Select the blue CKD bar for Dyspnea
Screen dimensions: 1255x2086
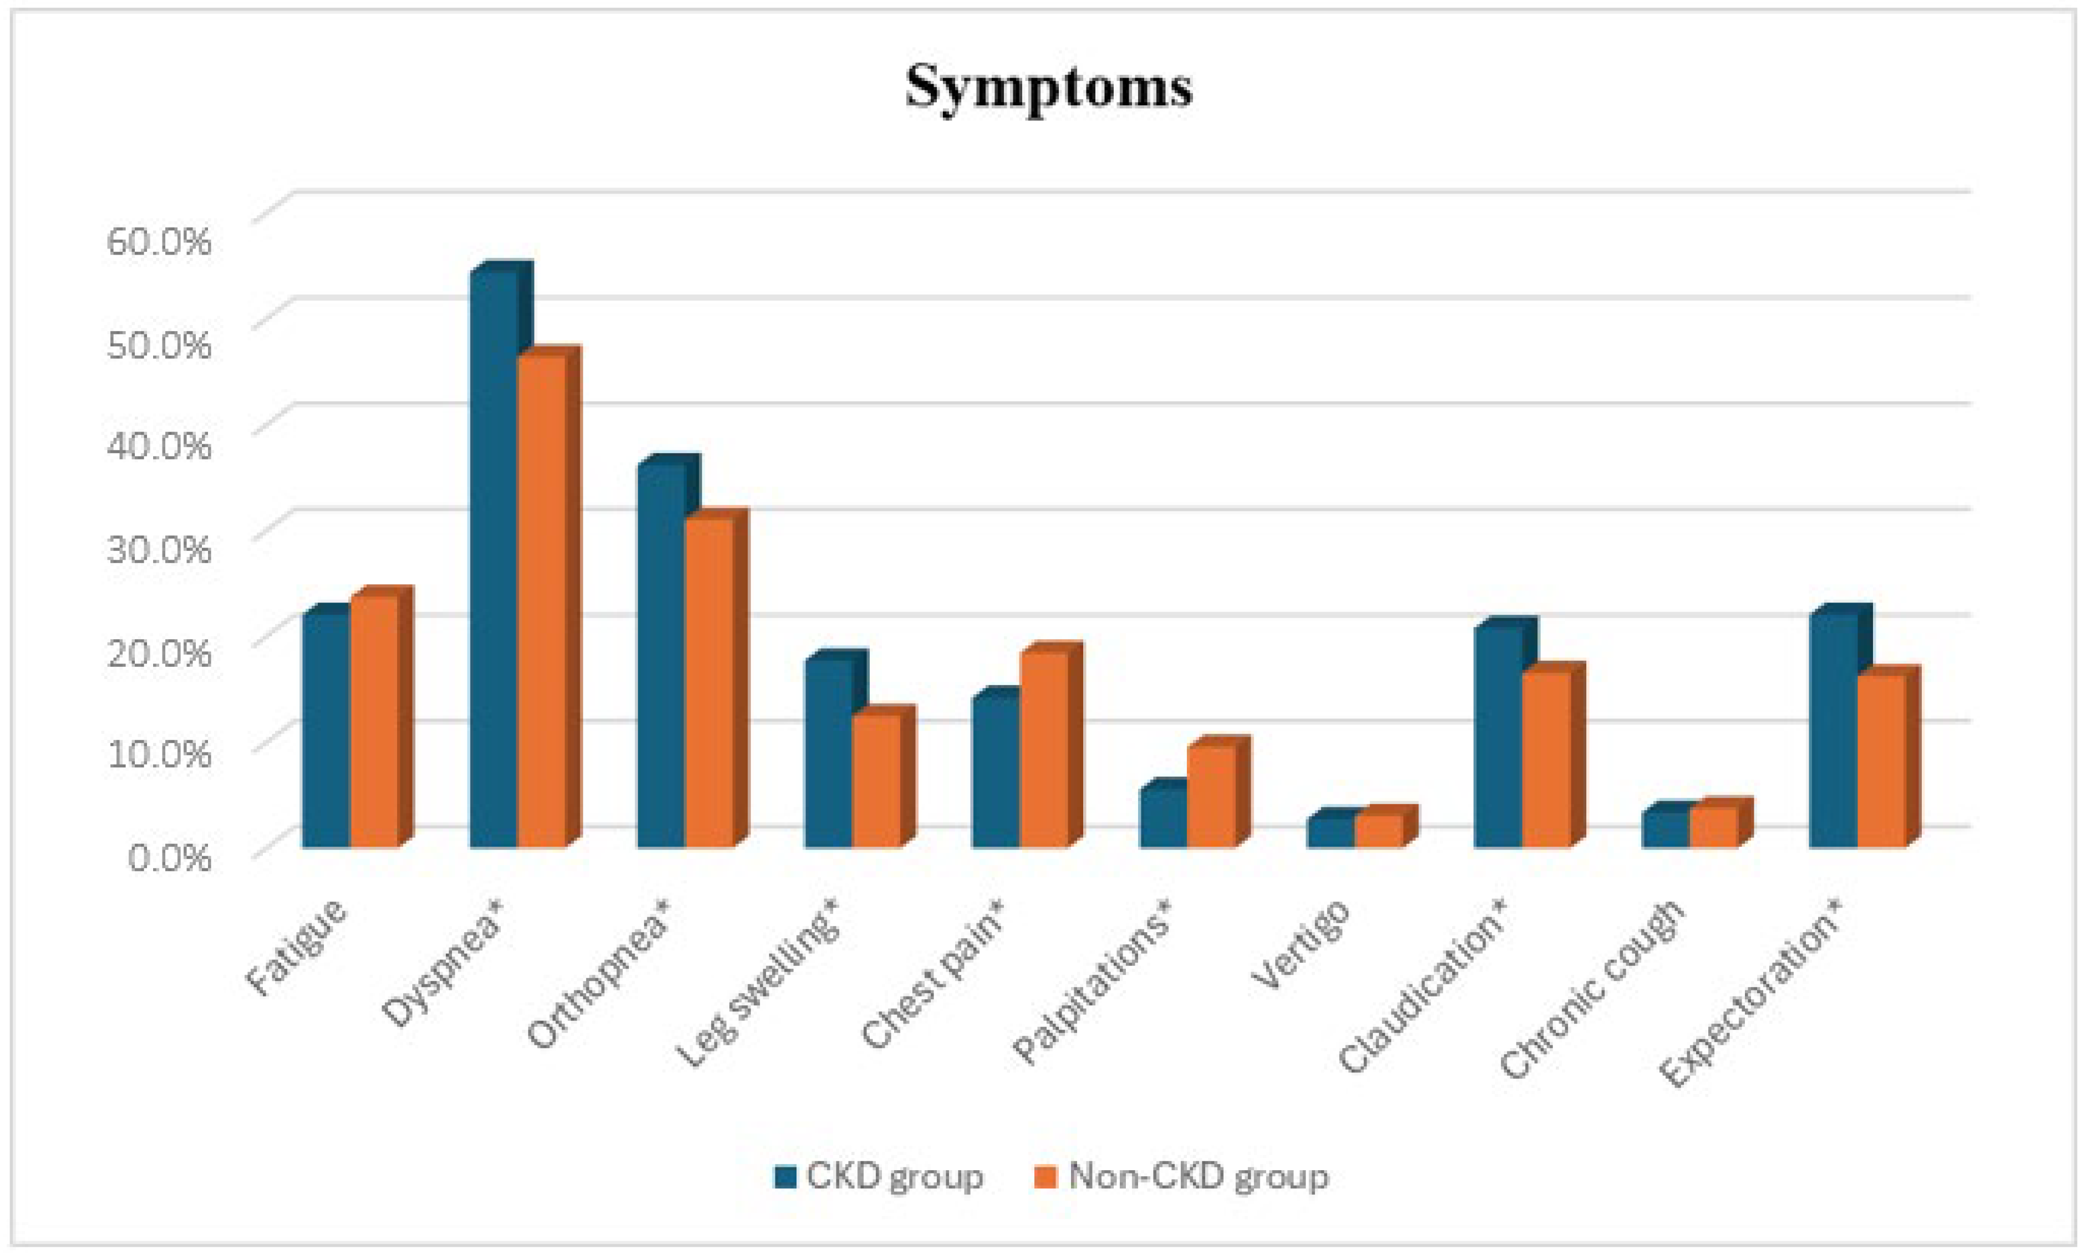click(x=494, y=558)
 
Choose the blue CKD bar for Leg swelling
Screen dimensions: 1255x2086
click(x=828, y=753)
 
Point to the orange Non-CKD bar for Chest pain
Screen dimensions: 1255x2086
click(x=1044, y=748)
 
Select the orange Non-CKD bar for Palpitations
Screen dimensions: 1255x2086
click(x=1211, y=796)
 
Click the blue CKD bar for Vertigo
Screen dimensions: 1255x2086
click(x=1331, y=832)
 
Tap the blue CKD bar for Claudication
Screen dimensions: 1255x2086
click(x=1498, y=736)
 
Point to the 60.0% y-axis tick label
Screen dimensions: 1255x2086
click(x=158, y=241)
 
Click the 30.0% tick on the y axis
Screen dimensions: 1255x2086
click(x=158, y=549)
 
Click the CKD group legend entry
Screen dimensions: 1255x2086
click(x=879, y=1176)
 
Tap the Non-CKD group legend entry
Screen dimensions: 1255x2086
click(x=1181, y=1176)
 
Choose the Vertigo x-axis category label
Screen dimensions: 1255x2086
click(x=1302, y=943)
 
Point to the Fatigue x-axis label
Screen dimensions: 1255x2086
click(x=296, y=947)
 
